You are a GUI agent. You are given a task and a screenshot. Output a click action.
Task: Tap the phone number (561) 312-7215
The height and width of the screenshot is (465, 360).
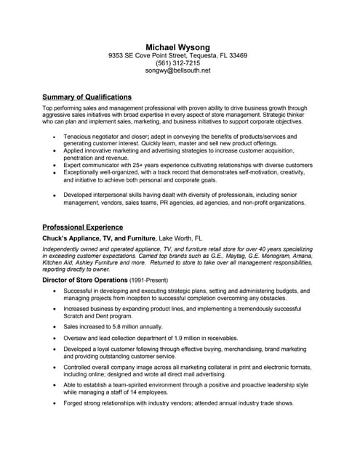coord(177,63)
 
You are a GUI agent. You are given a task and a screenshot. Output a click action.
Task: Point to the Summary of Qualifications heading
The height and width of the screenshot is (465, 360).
coord(87,97)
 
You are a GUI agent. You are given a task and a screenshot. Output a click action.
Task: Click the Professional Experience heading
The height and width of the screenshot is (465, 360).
coord(82,227)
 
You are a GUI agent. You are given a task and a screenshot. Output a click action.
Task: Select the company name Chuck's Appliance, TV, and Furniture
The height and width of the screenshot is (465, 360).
coord(99,238)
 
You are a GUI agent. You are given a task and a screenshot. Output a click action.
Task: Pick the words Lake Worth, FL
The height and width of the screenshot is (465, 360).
coord(181,238)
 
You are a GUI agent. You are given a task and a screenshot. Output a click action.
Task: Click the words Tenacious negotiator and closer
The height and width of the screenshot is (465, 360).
coord(106,136)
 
